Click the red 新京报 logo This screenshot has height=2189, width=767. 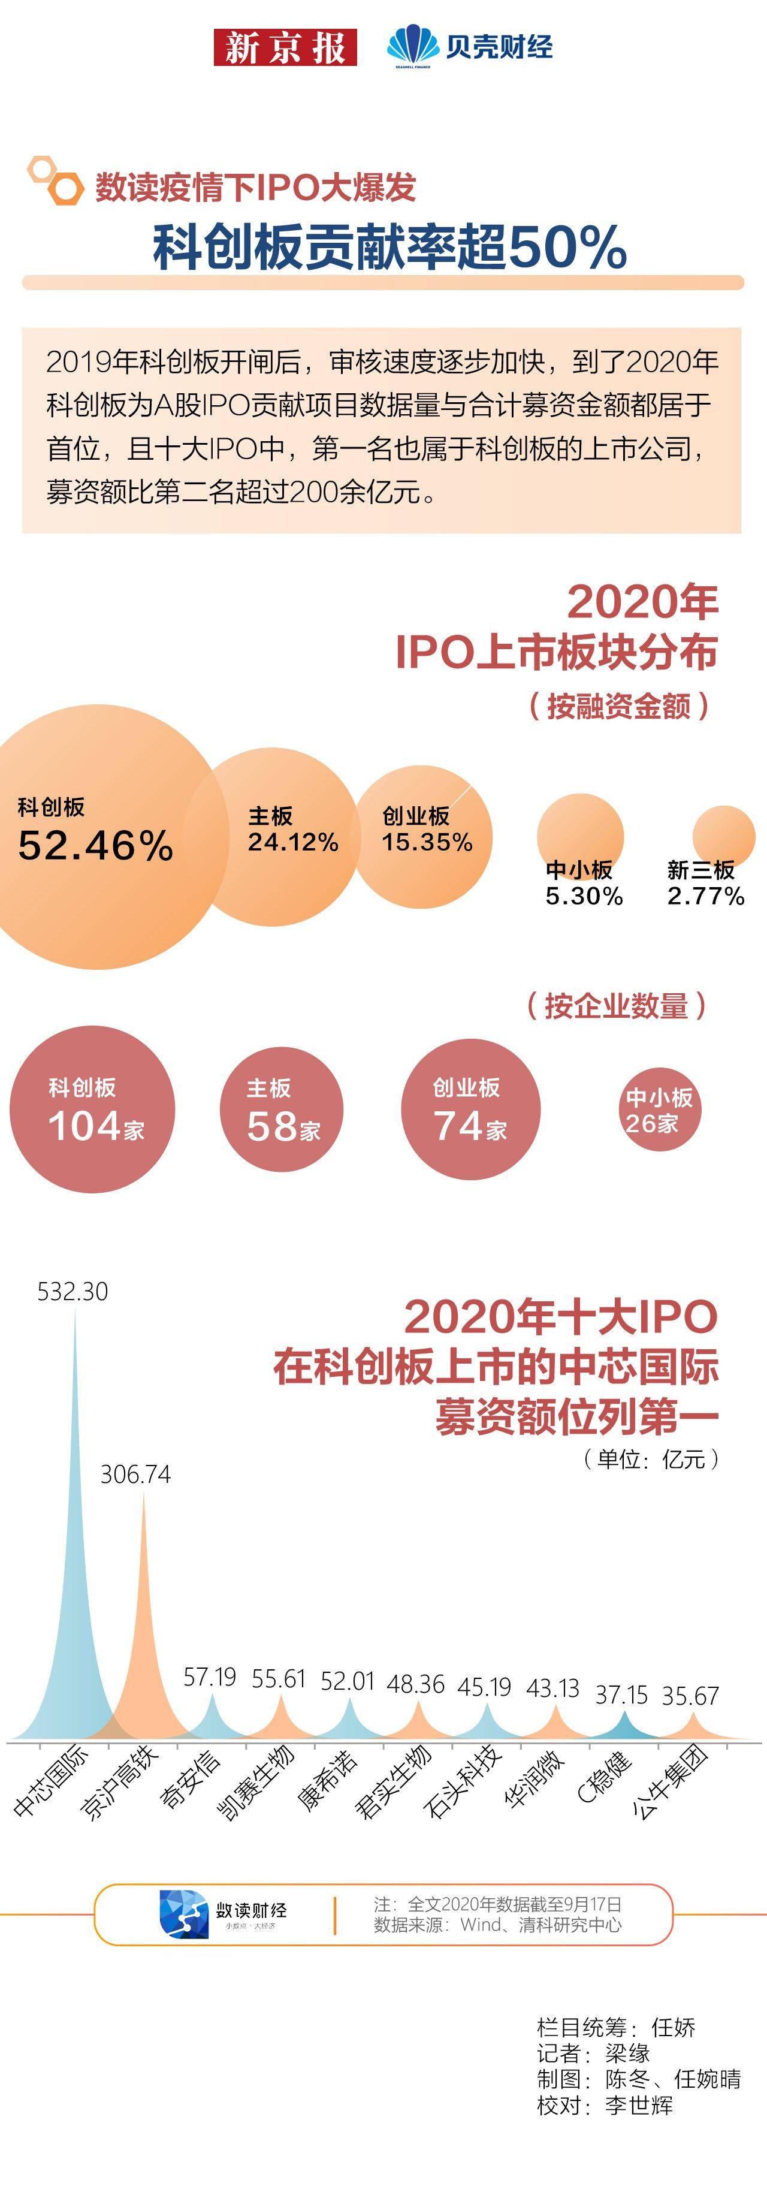tap(285, 47)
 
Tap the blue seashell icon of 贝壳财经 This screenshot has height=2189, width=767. tap(413, 47)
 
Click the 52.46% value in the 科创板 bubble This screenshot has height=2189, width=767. tap(95, 846)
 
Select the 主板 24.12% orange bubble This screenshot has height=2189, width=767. tap(280, 837)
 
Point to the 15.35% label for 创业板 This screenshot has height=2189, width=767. tap(427, 842)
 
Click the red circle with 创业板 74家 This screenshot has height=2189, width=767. tap(470, 1109)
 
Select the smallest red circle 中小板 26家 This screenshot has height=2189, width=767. tap(659, 1109)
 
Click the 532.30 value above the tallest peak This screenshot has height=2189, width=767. tap(73, 1292)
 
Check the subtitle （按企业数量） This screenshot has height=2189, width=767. tap(616, 1006)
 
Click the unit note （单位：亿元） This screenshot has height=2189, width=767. tap(651, 1459)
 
